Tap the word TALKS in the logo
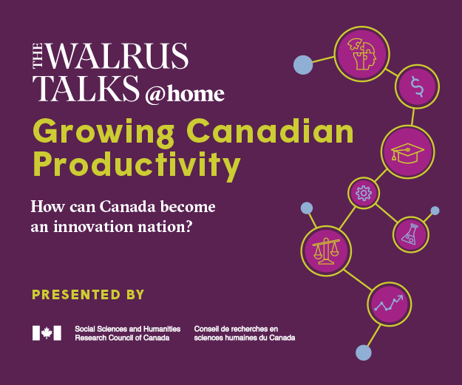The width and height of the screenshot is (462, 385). point(86,89)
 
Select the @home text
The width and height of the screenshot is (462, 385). point(185,94)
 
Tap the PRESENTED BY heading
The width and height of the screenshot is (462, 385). point(88,295)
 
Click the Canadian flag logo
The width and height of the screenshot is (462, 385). point(47,333)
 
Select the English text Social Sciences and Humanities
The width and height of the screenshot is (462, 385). point(128,329)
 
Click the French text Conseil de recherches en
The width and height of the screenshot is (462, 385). point(236,329)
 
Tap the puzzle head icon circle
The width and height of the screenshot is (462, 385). point(361,55)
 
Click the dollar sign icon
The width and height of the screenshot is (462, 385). point(417,86)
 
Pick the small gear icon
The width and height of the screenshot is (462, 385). point(364,193)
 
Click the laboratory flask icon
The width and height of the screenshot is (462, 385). point(411,234)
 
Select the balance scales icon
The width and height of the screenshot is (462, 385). point(326,251)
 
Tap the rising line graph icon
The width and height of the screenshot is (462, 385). point(390,304)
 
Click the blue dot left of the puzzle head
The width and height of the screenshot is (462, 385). point(303,65)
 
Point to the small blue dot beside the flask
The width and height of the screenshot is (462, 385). point(435,211)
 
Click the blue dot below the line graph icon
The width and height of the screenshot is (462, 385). point(363,352)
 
